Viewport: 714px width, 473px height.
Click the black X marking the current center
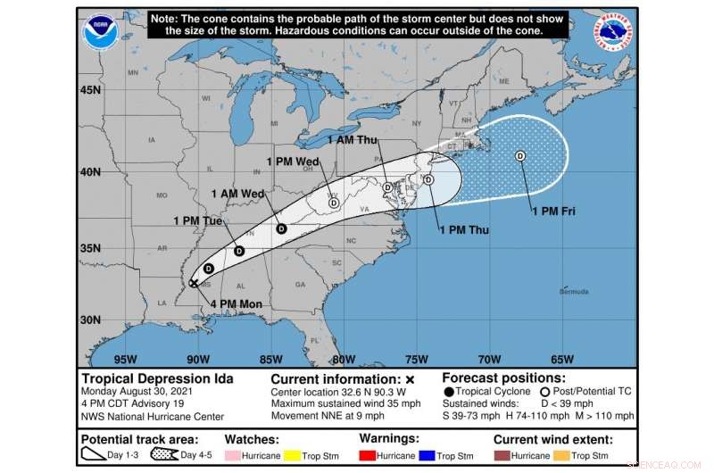click(x=194, y=283)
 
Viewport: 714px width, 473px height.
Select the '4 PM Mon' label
click(x=237, y=304)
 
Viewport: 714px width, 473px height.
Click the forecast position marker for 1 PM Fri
click(x=520, y=156)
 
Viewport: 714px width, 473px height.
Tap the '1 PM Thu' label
click(x=463, y=229)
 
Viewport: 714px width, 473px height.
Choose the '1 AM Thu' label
click(x=353, y=141)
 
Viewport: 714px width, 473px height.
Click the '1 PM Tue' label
click(x=198, y=220)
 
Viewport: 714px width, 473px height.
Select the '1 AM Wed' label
click(x=237, y=194)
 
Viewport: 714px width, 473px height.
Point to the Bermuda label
click(x=574, y=292)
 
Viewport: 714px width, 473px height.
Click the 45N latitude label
click(x=90, y=90)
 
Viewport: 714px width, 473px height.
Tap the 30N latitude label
click(x=90, y=319)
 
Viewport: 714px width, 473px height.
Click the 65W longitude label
click(x=561, y=360)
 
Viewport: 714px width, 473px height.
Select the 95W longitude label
click(x=126, y=360)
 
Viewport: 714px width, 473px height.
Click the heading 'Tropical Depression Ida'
click(x=157, y=378)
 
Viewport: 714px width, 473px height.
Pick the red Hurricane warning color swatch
click(x=369, y=455)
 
